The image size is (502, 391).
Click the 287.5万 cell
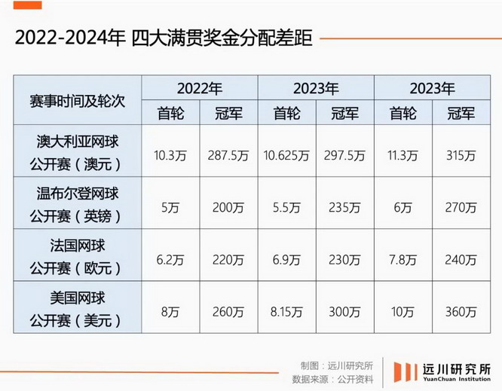[228, 156]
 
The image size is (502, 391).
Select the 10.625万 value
[286, 156]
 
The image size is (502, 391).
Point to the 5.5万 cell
[286, 206]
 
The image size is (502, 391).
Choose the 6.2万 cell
[170, 259]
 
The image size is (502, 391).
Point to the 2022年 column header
[199, 88]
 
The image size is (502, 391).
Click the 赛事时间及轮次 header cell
[77, 100]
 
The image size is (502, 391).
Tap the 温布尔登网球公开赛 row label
[77, 204]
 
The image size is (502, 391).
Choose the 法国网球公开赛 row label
[77, 256]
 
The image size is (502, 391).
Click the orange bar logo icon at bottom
[405, 371]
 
